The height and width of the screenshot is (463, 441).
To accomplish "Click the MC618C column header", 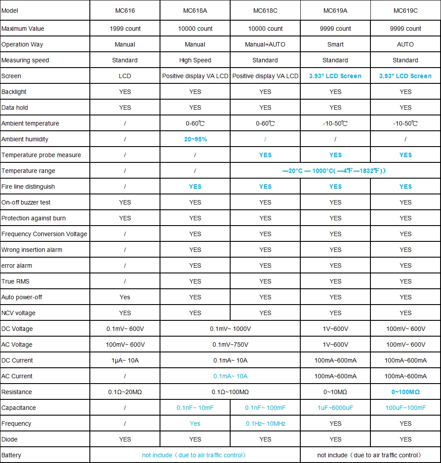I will click(x=265, y=11).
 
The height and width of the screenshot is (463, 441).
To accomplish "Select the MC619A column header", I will click(x=335, y=11).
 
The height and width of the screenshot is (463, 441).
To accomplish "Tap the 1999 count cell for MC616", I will click(x=125, y=29).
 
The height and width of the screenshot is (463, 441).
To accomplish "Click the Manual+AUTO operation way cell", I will click(x=265, y=44).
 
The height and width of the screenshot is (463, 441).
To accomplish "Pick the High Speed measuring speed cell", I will click(x=195, y=60).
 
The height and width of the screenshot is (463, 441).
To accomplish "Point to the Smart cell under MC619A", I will click(x=335, y=44).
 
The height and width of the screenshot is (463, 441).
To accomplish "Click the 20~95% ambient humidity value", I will click(x=195, y=139).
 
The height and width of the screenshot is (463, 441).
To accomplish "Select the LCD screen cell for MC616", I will click(x=125, y=76).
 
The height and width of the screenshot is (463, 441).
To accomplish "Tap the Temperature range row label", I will click(x=28, y=171).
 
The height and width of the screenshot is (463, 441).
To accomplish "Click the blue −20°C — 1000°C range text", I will click(x=335, y=171).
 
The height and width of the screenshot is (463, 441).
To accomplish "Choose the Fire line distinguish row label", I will click(x=28, y=187).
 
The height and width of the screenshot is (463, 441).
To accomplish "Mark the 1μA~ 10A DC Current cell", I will click(x=125, y=360).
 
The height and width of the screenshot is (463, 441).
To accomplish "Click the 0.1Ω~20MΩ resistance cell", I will click(x=125, y=392).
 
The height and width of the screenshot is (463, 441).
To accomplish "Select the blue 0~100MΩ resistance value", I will click(x=405, y=392).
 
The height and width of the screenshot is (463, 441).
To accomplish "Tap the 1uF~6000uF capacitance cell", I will click(x=335, y=408).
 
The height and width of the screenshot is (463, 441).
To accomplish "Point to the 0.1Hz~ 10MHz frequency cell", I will click(x=265, y=424).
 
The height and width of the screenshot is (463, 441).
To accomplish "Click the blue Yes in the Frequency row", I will click(x=195, y=424).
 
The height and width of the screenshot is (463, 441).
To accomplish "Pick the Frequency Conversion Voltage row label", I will click(x=44, y=234).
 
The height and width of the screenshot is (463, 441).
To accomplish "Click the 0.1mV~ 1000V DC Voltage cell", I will click(x=230, y=329).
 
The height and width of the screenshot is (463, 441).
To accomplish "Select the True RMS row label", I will click(x=15, y=281).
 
